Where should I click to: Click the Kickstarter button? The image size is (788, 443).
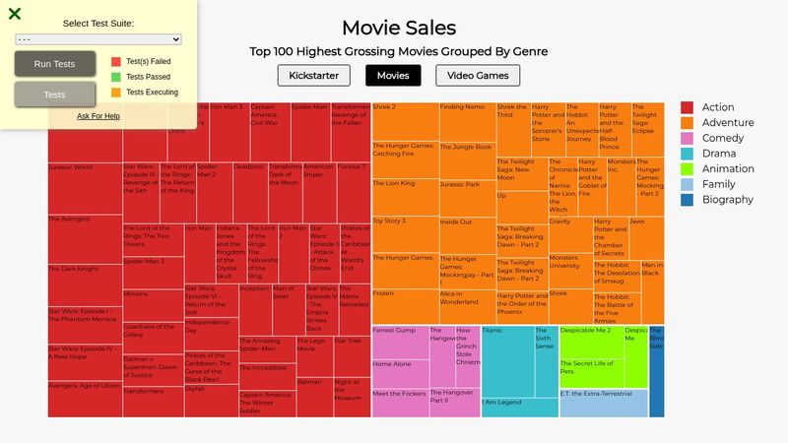pyautogui.click(x=314, y=76)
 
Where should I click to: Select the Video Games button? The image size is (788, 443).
pyautogui.click(x=479, y=76)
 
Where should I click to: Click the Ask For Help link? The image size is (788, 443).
pyautogui.click(x=98, y=116)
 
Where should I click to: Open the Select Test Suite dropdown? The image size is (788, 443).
pyautogui.click(x=98, y=39)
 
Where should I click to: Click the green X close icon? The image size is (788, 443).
pyautogui.click(x=15, y=14)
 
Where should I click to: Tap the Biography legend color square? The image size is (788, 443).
pyautogui.click(x=688, y=200)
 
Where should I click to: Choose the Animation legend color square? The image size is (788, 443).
pyautogui.click(x=688, y=169)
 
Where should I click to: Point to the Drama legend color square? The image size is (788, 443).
pyautogui.click(x=688, y=154)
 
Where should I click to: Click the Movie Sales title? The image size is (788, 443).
pyautogui.click(x=398, y=28)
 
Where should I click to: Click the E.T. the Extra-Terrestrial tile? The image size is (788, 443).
pyautogui.click(x=603, y=403)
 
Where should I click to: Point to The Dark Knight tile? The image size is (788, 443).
pyautogui.click(x=85, y=285)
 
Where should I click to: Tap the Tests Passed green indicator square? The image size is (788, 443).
pyautogui.click(x=116, y=77)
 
